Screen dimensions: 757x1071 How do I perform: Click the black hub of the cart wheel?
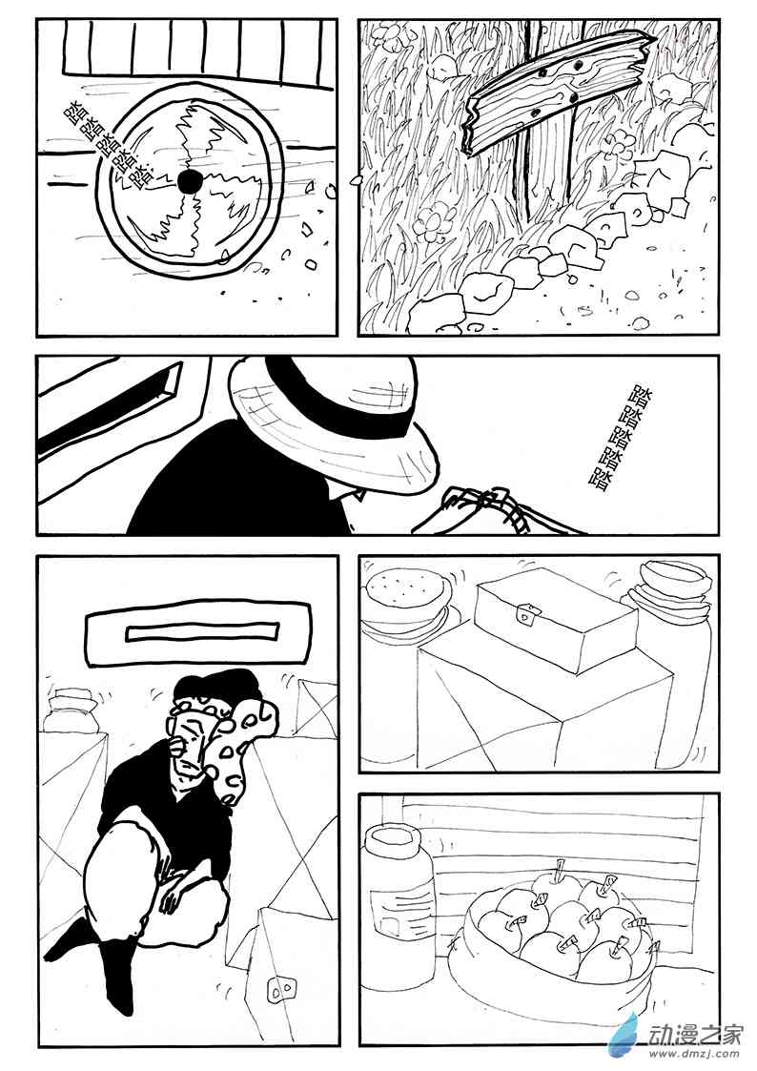(189, 182)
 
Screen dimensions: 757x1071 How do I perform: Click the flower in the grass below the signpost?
(435, 220)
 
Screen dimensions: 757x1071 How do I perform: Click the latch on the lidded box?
(526, 614)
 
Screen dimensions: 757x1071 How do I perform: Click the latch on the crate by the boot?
(281, 989)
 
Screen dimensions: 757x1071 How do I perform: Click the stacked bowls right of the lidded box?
(666, 594)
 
